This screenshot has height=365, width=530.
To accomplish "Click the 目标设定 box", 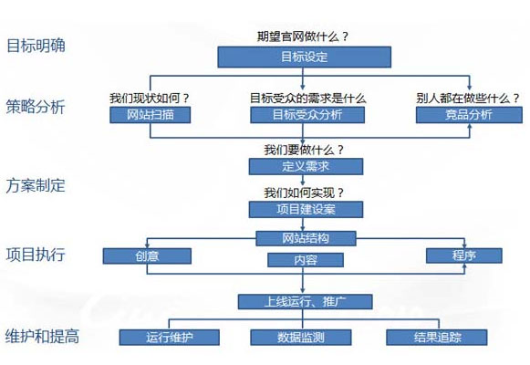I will (305, 57).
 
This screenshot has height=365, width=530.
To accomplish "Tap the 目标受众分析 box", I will (307, 115).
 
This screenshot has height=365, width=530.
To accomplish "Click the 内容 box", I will (305, 260).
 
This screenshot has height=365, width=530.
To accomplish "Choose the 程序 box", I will (463, 256).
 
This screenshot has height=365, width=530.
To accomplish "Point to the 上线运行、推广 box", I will (305, 300).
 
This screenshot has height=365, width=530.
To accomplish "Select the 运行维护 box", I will (170, 337).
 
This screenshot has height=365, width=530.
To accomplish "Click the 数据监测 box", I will (300, 337).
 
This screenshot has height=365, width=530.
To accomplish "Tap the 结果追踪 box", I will (437, 337).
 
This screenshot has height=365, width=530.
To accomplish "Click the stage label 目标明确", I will (36, 46).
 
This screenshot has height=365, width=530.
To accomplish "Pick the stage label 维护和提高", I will (43, 335).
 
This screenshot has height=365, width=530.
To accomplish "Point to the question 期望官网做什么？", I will (304, 37).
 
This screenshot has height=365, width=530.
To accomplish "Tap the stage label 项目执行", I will (36, 255).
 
